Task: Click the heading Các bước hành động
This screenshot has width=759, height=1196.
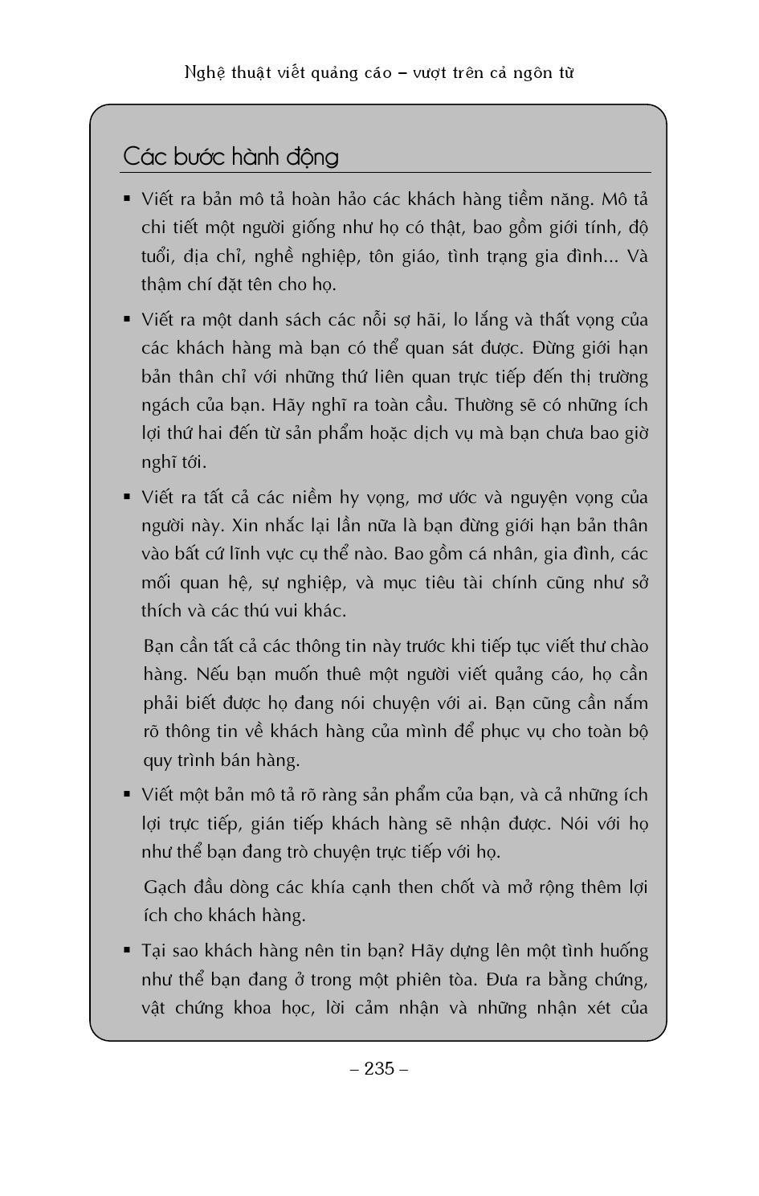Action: tap(231, 156)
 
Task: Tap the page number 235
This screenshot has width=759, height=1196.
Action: tap(379, 1068)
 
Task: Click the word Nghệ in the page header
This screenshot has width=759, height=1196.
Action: tap(204, 73)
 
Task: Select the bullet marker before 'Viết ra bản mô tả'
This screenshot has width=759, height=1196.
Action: tap(127, 198)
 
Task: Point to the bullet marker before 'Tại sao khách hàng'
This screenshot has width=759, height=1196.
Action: tap(127, 950)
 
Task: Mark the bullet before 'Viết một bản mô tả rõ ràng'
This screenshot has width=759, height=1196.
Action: tap(127, 794)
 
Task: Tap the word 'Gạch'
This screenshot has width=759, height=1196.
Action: tap(165, 887)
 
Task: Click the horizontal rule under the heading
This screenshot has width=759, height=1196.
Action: tap(386, 173)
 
